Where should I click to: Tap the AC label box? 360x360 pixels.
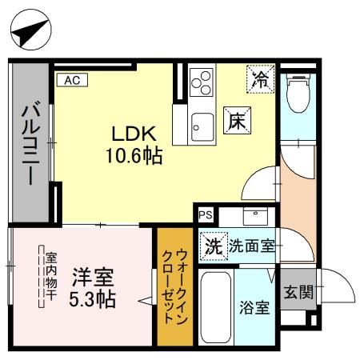70,79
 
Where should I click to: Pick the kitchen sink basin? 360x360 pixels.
202,126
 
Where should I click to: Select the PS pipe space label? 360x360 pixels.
206,214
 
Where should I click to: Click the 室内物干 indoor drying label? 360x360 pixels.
50,279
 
